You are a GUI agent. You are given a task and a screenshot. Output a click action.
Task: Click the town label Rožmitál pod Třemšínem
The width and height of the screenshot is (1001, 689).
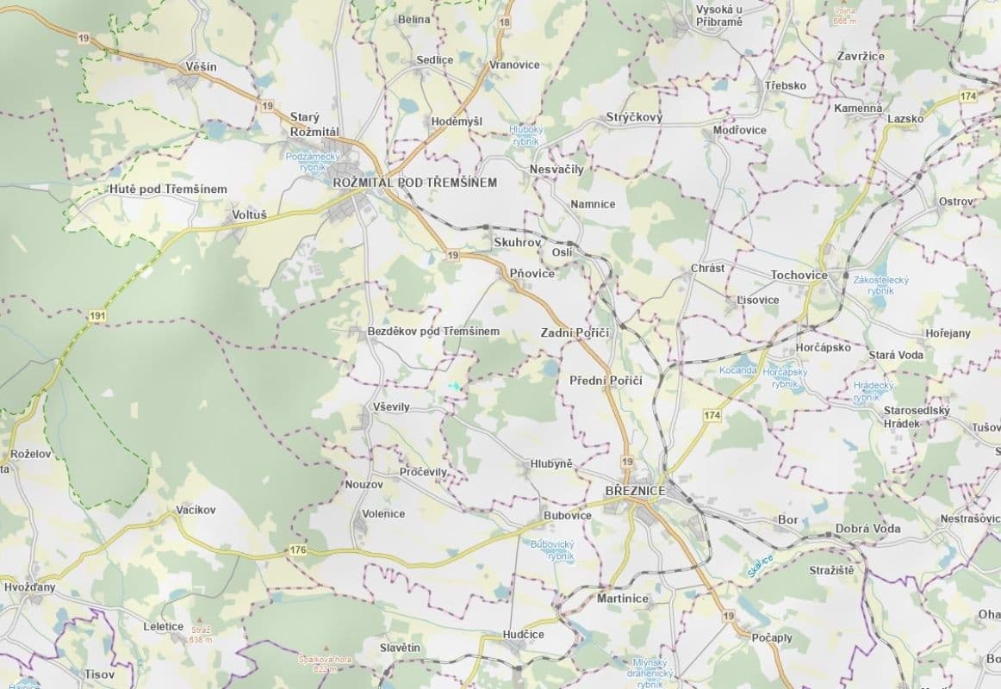point(415,183)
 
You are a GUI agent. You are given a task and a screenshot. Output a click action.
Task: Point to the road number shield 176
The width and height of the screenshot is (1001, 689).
point(298,549)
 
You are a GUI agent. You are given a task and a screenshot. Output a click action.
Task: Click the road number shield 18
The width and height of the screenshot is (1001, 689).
point(504,22)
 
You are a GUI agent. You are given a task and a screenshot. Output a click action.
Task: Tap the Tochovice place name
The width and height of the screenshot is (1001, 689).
point(799,275)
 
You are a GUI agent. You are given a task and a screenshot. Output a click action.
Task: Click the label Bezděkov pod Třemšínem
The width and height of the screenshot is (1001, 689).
point(433,332)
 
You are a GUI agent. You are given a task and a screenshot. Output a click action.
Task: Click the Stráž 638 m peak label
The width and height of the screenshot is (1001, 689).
point(200,635)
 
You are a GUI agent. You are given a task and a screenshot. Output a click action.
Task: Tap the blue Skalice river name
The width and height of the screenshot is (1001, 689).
point(761,565)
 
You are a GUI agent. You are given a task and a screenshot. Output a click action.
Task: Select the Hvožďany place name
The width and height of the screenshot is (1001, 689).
point(29,586)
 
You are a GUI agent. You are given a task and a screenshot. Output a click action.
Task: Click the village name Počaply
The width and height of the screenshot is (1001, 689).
point(772,637)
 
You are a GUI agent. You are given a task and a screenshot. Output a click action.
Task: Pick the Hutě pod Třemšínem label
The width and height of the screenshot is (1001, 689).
point(168,189)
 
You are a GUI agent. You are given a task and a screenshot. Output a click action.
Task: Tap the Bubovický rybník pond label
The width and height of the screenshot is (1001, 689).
point(551,550)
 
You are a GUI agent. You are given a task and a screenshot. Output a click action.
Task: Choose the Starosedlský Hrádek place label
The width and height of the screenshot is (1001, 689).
point(917,417)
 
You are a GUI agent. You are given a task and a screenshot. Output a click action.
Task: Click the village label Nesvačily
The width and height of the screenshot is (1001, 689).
point(556,170)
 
